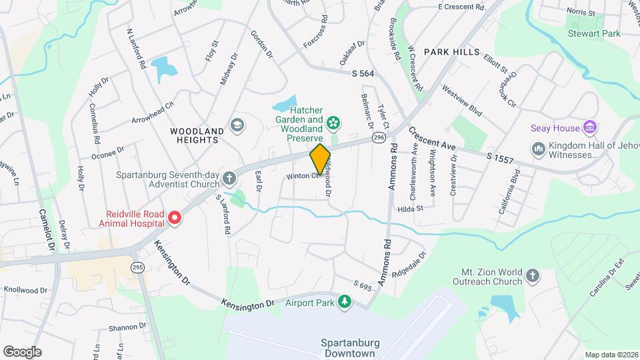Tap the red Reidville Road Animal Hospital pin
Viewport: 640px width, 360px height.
175,217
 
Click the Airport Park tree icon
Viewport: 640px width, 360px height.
345,303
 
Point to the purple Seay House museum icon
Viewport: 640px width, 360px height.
589,127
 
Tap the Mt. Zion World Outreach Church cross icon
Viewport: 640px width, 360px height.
533,276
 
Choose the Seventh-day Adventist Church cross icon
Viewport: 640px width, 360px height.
229,178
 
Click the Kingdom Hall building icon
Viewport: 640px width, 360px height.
538,150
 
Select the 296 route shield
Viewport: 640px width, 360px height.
379,137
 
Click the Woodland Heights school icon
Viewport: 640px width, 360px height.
236,125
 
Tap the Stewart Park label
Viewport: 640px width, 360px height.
594,33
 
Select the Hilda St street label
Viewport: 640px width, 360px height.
411,209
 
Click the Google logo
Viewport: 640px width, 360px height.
22,351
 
